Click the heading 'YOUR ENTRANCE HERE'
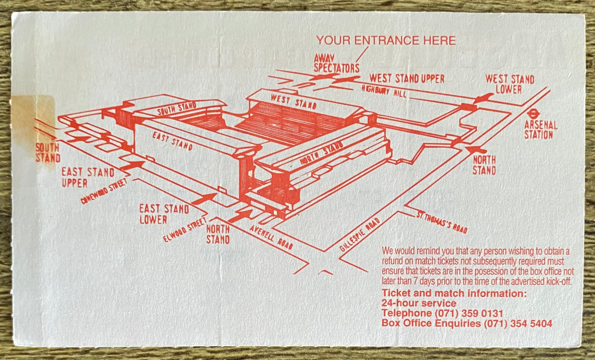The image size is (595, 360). (386, 41)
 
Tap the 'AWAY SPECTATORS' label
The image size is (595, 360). (334, 63)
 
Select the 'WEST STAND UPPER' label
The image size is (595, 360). (407, 78)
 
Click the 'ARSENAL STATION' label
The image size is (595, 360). (540, 129)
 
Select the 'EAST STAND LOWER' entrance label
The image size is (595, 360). (164, 214)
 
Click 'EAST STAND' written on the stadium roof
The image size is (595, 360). (173, 139)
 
